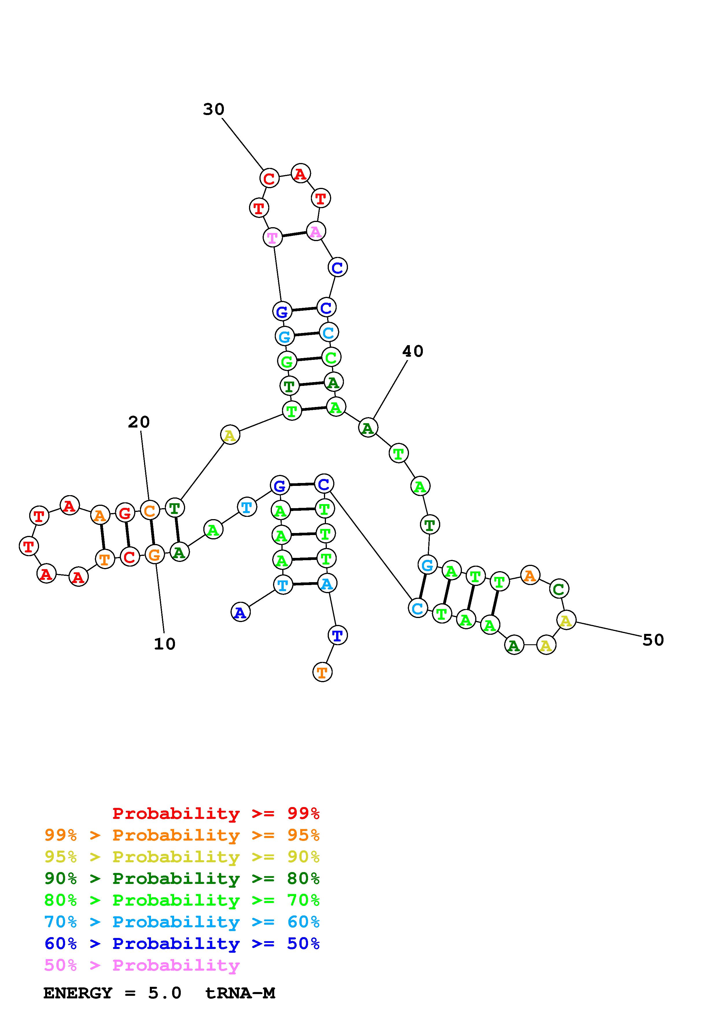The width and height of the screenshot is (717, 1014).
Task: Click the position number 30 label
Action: tap(213, 109)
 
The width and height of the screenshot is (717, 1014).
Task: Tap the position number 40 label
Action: tap(413, 351)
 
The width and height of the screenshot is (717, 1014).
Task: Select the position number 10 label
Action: tap(164, 644)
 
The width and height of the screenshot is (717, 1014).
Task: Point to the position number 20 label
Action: tap(139, 422)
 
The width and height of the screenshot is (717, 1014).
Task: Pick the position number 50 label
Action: tap(653, 640)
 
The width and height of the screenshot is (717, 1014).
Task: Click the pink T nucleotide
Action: tap(272, 238)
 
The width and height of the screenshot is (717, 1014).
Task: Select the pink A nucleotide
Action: tap(316, 231)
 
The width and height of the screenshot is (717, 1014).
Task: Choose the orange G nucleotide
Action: tap(154, 555)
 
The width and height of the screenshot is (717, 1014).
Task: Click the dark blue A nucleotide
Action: tap(240, 613)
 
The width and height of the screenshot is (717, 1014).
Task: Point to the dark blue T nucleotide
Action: tap(338, 636)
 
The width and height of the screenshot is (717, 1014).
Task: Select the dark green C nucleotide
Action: tap(559, 589)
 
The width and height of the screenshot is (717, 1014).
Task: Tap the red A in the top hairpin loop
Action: tap(301, 173)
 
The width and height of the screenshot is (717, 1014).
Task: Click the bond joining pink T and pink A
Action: tap(294, 234)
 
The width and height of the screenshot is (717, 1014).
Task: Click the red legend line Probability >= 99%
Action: tap(215, 813)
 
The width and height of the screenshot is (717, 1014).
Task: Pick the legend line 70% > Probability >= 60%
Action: tap(182, 922)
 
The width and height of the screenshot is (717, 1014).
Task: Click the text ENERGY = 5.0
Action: tap(112, 993)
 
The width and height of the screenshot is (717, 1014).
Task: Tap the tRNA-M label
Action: tap(240, 993)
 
